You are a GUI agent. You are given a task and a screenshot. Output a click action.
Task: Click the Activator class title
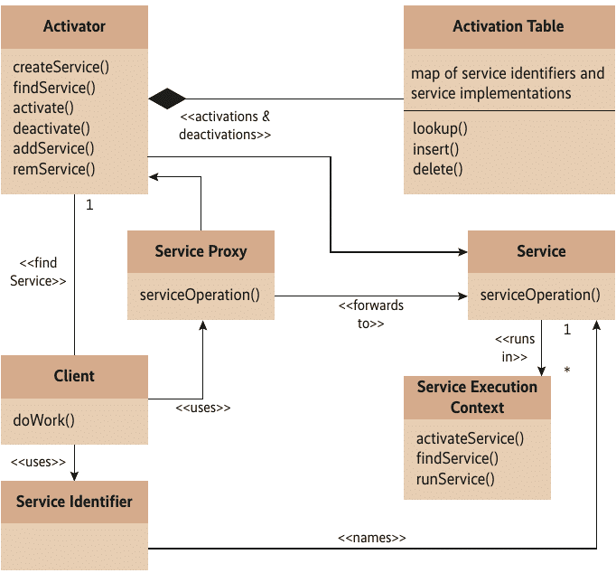pyautogui.click(x=74, y=26)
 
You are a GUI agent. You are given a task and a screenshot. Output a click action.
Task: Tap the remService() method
pyautogui.click(x=54, y=168)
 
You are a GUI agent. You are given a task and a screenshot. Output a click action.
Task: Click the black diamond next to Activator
pyautogui.click(x=167, y=98)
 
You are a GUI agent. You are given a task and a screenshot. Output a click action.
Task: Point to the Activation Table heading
pyautogui.click(x=508, y=26)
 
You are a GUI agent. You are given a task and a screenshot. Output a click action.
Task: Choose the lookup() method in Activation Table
pyautogui.click(x=440, y=128)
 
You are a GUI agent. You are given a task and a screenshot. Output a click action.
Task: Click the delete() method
pyautogui.click(x=437, y=168)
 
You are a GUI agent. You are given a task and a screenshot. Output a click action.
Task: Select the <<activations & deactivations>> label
pyautogui.click(x=226, y=126)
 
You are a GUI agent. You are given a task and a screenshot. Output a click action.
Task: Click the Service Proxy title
pyautogui.click(x=201, y=251)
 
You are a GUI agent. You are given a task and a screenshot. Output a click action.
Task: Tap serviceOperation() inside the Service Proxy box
pyautogui.click(x=200, y=295)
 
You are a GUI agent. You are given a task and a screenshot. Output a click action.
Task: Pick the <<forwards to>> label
pyautogui.click(x=370, y=314)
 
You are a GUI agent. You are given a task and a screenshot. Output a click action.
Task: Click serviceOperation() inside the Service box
pyautogui.click(x=540, y=295)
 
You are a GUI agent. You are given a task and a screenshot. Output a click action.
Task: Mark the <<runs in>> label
pyautogui.click(x=514, y=348)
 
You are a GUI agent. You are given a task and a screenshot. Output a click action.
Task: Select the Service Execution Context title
pyautogui.click(x=477, y=397)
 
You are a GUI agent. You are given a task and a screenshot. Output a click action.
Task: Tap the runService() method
pyautogui.click(x=455, y=478)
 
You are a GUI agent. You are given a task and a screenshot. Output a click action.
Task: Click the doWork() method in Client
pyautogui.click(x=44, y=419)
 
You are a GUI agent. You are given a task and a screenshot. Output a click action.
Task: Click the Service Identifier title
pyautogui.click(x=74, y=502)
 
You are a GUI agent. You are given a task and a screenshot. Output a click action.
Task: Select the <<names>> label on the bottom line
pyautogui.click(x=371, y=538)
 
